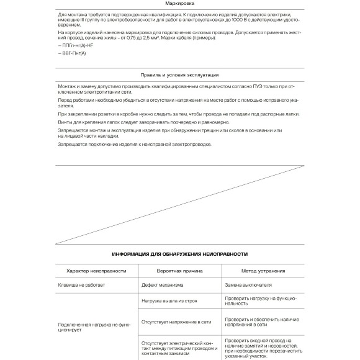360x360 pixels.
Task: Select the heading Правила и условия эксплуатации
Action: (179, 74)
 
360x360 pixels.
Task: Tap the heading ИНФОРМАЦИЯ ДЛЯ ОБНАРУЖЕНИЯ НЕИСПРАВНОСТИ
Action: (179, 253)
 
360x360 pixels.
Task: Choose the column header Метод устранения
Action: (263, 271)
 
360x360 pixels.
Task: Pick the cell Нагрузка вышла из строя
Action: (169, 300)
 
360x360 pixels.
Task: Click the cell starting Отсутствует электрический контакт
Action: (177, 348)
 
